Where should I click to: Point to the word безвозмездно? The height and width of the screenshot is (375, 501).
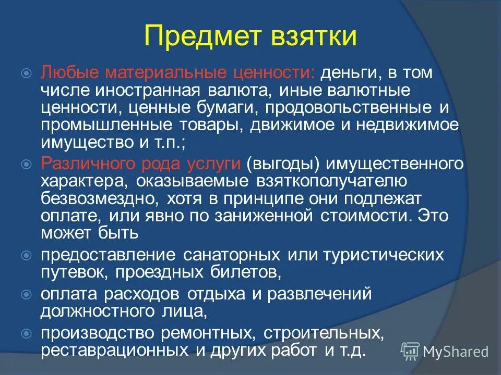point(101,198)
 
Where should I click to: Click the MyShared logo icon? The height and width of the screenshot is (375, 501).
point(411,351)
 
